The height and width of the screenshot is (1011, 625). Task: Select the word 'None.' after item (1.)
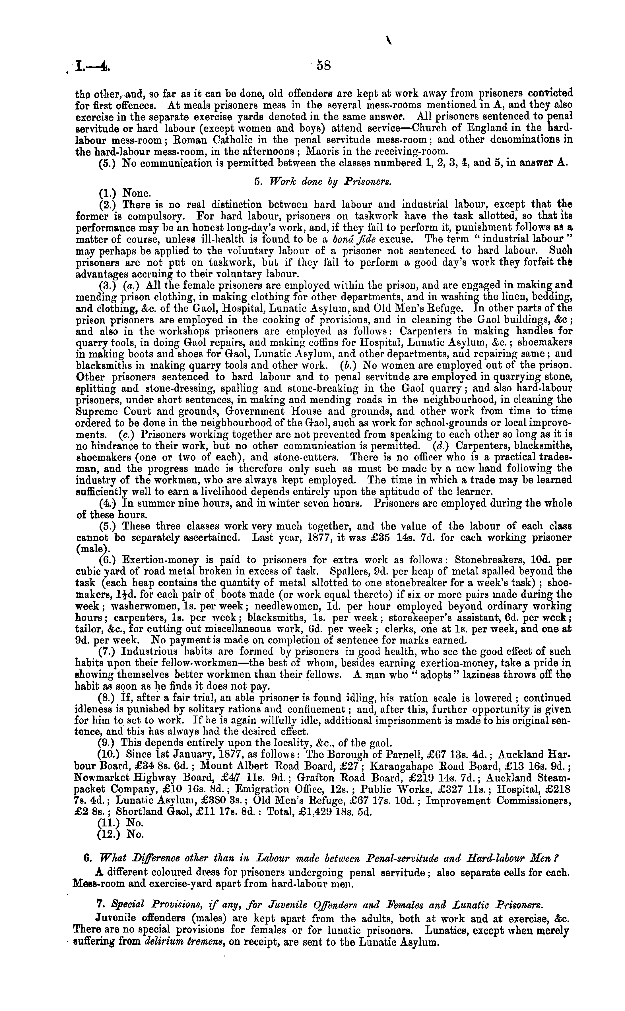coord(138,193)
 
